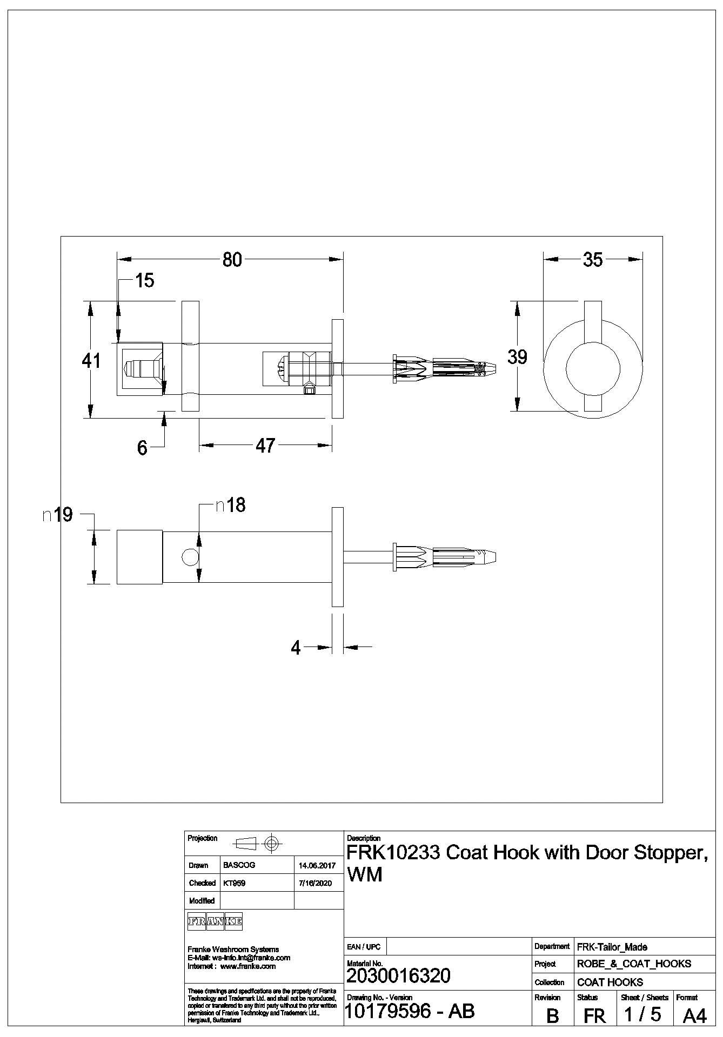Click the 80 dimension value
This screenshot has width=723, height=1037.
click(x=232, y=260)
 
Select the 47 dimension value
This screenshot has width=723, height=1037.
click(x=265, y=446)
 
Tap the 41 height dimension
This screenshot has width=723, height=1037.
click(x=91, y=360)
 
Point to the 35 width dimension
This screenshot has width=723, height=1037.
click(x=593, y=260)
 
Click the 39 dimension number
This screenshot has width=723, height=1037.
click(x=517, y=357)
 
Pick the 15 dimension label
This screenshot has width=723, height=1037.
click(x=144, y=280)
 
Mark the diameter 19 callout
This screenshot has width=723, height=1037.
click(x=58, y=515)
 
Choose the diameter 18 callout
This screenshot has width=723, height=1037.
click(x=231, y=505)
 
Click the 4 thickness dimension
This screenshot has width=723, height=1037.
click(x=296, y=648)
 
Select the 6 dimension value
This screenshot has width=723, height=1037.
click(x=142, y=448)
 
